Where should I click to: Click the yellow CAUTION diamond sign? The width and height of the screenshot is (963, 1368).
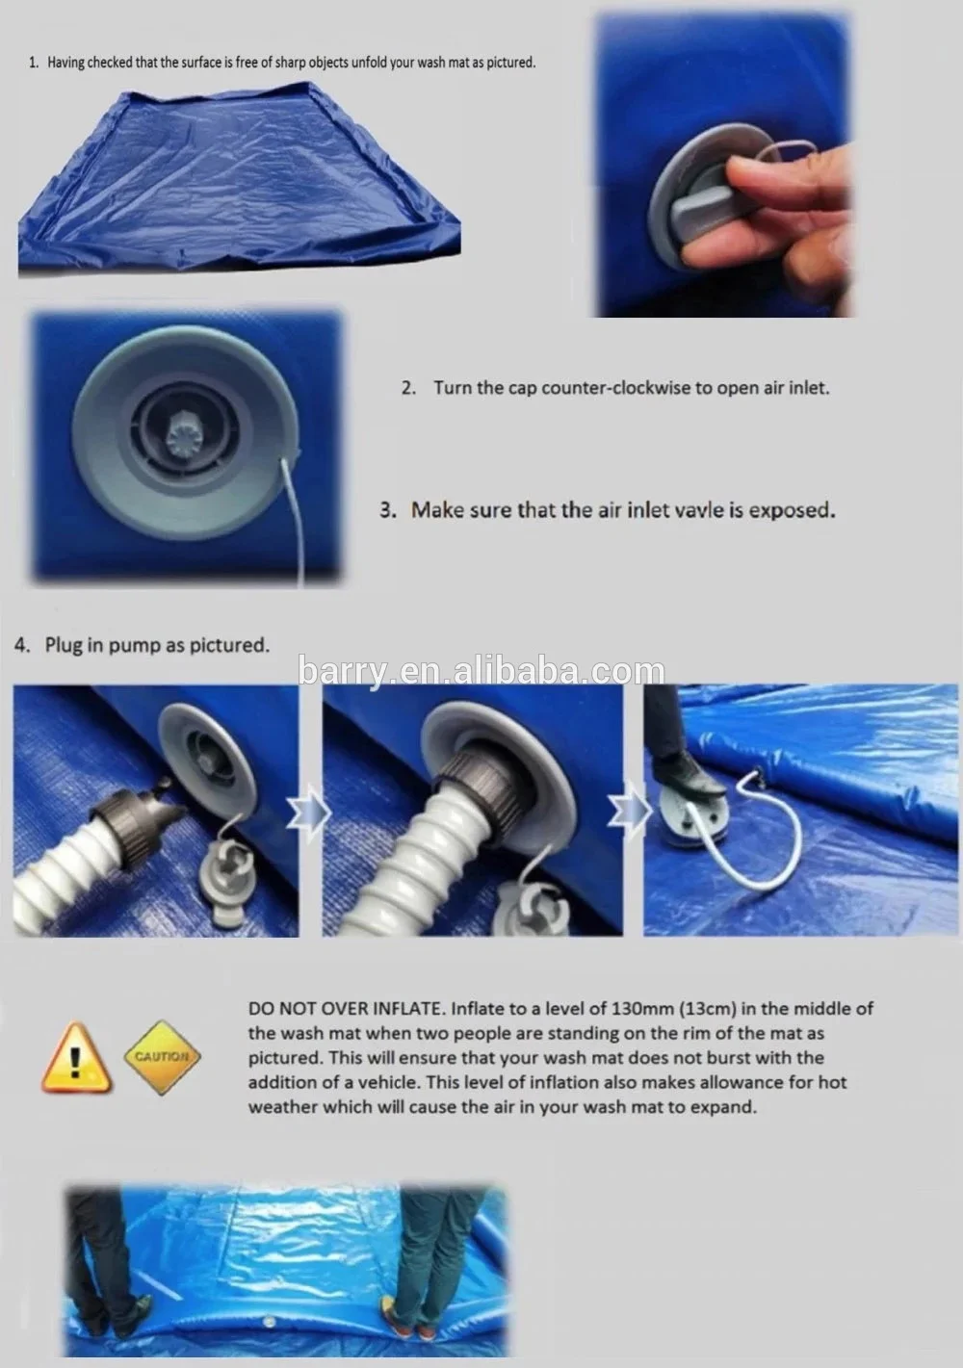point(161,1056)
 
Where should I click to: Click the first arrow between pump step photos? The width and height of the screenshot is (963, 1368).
point(311,812)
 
